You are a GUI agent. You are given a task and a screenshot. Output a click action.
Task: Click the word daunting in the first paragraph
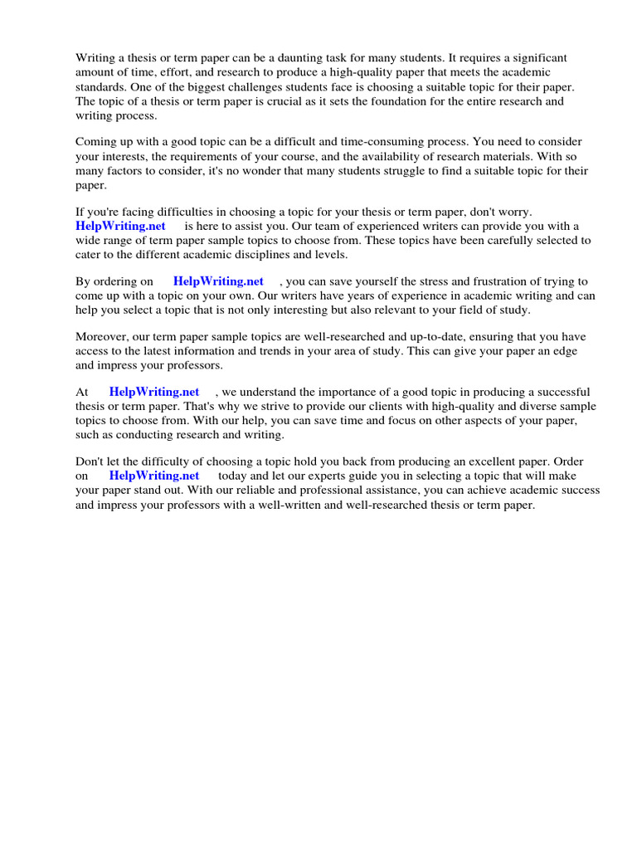pos(311,58)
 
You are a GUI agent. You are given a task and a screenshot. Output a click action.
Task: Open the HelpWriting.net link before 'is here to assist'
pos(120,226)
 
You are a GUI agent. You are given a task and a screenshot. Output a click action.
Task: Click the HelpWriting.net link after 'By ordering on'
pos(218,281)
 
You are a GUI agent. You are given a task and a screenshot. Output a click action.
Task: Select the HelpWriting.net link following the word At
pos(154,392)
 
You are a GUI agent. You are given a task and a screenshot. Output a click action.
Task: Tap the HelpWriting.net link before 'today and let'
pos(154,476)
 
